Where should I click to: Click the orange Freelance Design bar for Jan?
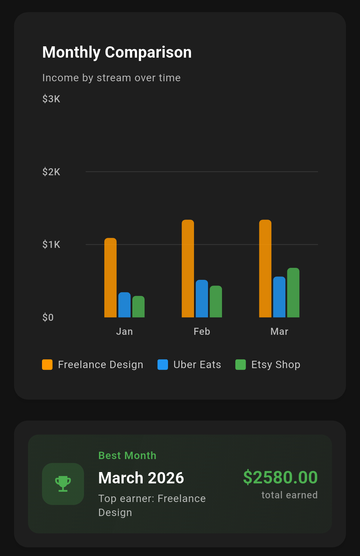(x=110, y=278)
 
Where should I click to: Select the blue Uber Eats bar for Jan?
(x=124, y=305)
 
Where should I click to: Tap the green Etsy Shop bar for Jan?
(x=138, y=306)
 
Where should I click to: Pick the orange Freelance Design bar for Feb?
(x=188, y=269)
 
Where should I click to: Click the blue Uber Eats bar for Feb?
(x=202, y=298)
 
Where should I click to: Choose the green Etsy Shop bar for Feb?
(x=216, y=301)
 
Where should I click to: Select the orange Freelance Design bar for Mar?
(x=265, y=269)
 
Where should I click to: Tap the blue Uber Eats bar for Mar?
(x=279, y=297)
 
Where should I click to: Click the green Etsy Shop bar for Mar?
(x=293, y=292)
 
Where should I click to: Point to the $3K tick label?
(x=51, y=99)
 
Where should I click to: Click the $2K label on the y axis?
(x=51, y=172)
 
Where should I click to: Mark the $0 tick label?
(x=48, y=317)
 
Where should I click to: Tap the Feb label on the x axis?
(x=202, y=331)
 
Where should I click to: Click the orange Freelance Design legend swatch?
(x=47, y=364)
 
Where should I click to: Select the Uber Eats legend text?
(x=197, y=364)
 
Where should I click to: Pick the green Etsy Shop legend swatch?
(x=240, y=364)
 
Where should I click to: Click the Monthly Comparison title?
(x=117, y=52)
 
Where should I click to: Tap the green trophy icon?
(x=63, y=484)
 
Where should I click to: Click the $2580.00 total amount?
(x=280, y=477)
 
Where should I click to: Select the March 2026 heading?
(x=141, y=478)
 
